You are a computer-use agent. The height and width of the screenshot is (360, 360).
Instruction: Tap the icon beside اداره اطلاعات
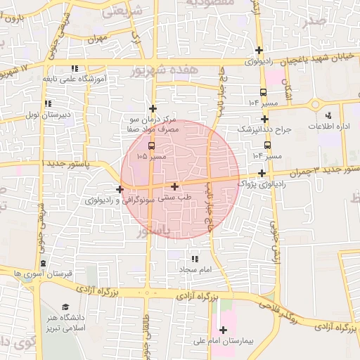328,115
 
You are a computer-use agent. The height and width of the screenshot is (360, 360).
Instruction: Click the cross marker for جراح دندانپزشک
264,120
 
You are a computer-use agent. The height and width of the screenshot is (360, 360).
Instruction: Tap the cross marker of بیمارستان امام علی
224,330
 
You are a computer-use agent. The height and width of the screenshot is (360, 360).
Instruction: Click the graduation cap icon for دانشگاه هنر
65,307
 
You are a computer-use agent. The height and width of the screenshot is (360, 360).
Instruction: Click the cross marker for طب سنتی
174,186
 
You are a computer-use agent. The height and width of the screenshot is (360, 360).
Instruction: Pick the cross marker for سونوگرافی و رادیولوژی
120,189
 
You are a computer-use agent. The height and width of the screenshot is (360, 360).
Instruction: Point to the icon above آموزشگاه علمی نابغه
75,68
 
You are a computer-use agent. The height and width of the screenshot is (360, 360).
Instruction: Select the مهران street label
98,39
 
